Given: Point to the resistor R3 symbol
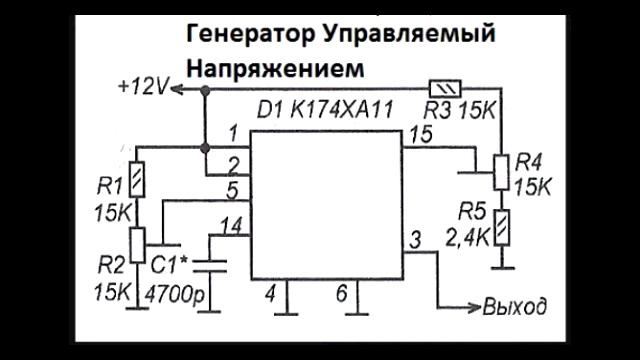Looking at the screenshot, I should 441,87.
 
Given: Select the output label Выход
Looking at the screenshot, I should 516,304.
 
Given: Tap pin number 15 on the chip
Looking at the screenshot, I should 421,132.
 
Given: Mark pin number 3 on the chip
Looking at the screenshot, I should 413,240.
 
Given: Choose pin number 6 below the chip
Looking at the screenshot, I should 341,294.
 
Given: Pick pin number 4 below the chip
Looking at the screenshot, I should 268,294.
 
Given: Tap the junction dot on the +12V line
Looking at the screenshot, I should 205,91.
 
